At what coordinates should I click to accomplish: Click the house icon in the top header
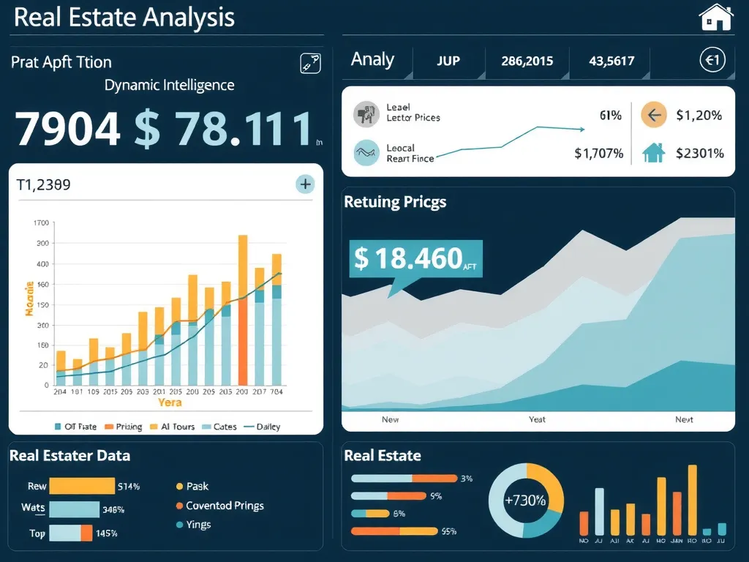715,17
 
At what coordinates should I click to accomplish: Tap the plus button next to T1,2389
305,184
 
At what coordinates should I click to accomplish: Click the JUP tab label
448,61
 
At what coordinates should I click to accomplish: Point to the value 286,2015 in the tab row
527,61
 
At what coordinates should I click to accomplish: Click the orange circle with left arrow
652,115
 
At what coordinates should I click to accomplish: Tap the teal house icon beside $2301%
652,153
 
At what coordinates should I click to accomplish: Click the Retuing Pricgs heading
395,202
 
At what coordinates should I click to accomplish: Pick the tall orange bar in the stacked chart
243,311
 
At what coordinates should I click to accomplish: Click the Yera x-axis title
169,402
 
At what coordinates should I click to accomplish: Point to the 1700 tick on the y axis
40,223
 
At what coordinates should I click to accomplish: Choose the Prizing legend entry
124,427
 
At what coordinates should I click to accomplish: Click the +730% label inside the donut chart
525,501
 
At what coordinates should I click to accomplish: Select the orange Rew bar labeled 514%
82,486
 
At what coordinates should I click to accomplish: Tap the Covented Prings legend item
219,506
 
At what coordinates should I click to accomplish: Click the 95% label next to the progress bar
448,532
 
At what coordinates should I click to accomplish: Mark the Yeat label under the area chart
537,420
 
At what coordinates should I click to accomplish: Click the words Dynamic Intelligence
169,85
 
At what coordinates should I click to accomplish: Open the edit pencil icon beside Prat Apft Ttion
310,64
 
